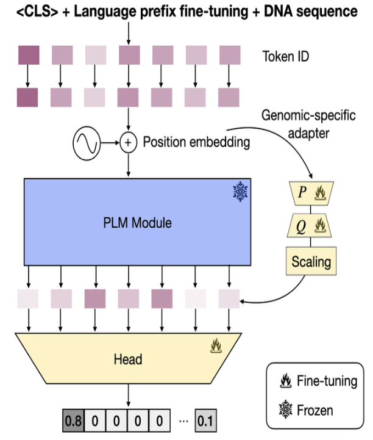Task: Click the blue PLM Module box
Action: (138, 222)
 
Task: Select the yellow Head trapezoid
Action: (128, 359)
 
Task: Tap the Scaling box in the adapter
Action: (311, 262)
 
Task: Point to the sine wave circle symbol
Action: (85, 143)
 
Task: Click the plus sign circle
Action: (128, 143)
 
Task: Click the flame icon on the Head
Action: (215, 347)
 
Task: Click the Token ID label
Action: (285, 56)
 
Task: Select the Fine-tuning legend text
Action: (327, 381)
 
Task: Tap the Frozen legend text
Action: (317, 409)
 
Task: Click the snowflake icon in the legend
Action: (284, 409)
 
